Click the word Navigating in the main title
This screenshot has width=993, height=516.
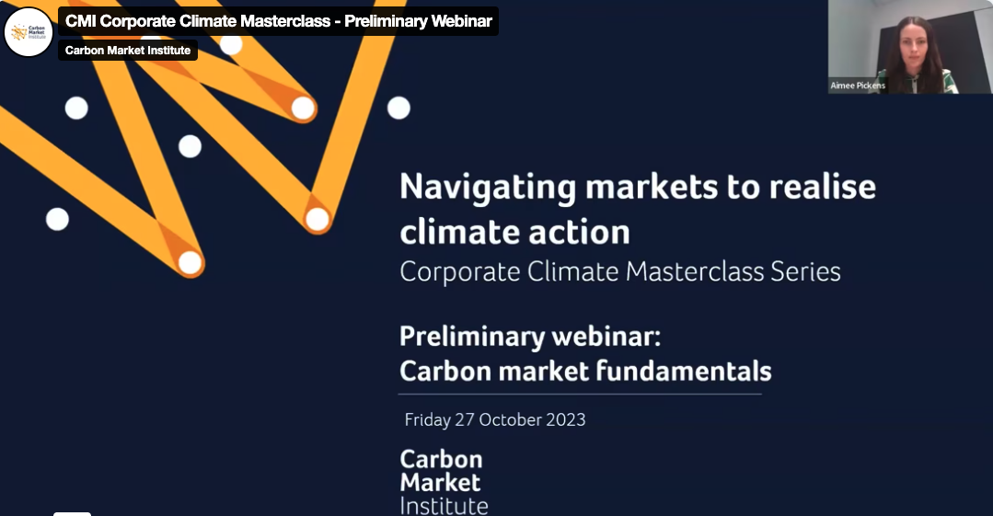488,188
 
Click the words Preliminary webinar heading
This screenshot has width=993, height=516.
530,337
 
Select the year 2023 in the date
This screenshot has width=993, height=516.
566,419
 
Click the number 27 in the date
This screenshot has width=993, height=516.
464,419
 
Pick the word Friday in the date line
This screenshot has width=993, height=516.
427,420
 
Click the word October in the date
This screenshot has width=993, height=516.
511,419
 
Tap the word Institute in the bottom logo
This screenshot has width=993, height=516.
444,506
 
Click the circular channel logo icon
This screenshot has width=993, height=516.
28,31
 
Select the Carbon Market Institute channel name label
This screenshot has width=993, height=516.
128,50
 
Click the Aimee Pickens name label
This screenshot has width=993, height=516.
858,86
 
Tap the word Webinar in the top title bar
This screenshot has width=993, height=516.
462,21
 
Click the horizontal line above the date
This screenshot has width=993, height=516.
580,394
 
